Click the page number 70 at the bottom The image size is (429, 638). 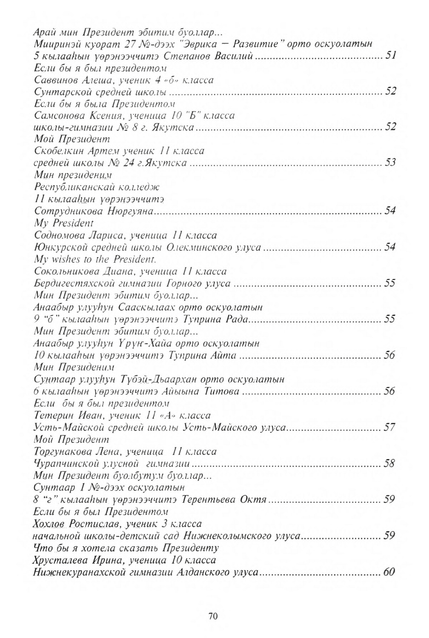click(x=213, y=616)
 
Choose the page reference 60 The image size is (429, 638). click(x=389, y=572)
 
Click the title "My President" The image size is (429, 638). click(x=64, y=223)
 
